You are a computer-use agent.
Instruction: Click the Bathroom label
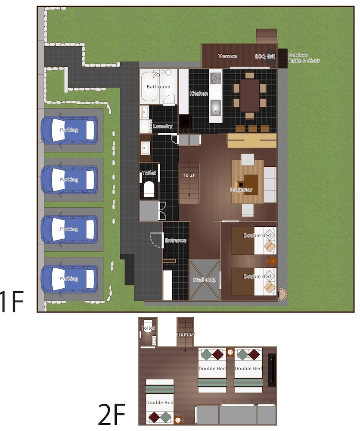158,87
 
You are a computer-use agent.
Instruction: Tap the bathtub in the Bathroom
150,87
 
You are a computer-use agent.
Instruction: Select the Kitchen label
199,94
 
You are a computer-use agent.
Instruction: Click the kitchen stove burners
216,78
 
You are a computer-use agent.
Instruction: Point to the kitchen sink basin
216,108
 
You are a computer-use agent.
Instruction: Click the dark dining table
250,95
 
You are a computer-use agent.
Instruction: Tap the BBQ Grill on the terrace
270,57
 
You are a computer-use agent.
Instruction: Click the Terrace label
228,56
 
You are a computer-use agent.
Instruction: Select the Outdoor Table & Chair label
304,58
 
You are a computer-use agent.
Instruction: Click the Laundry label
163,126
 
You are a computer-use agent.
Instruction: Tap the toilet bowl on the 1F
149,189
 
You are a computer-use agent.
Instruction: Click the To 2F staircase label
189,175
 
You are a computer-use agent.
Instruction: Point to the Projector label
241,190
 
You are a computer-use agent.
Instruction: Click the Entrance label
176,240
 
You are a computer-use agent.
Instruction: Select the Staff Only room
205,280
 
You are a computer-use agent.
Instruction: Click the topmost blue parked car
69,130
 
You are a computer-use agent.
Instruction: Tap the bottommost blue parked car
69,279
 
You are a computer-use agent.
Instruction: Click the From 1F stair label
185,334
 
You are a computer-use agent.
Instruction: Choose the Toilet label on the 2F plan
148,328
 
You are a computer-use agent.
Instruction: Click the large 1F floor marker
12,302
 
